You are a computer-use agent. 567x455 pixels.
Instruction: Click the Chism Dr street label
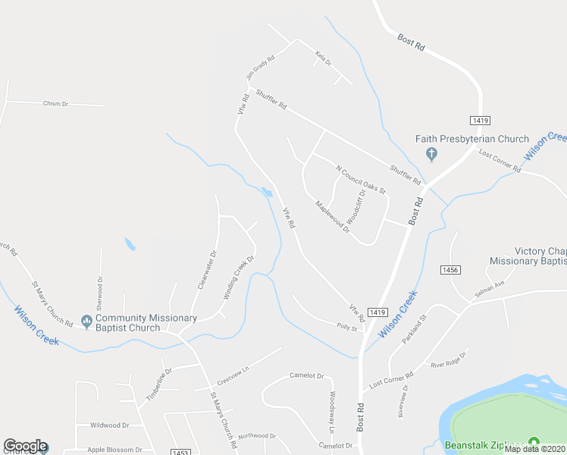56,103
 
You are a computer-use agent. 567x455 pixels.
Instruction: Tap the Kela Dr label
324,58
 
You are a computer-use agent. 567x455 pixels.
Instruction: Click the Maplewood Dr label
332,216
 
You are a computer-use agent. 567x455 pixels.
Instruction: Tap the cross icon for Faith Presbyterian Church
431,155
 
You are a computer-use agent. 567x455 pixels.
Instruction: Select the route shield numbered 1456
450,269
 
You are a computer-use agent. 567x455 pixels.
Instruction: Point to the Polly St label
347,326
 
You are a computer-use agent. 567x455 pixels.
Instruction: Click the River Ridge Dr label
450,359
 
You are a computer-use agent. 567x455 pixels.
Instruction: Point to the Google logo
25,446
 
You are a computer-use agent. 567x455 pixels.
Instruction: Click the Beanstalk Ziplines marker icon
534,442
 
